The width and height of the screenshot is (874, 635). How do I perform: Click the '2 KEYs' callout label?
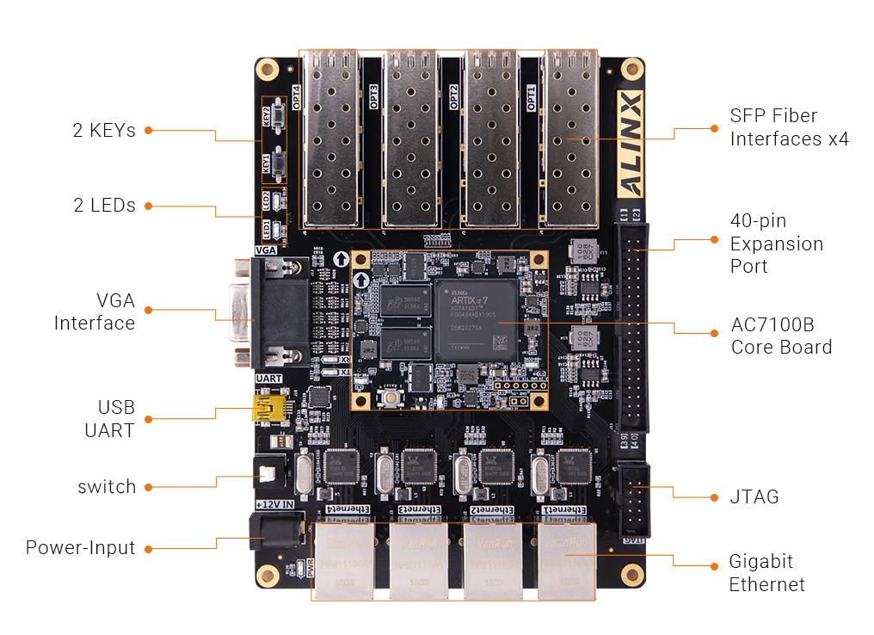[x=103, y=131]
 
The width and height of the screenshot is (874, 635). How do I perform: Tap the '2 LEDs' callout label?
[x=103, y=206]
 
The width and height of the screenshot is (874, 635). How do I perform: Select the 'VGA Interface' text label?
[x=94, y=311]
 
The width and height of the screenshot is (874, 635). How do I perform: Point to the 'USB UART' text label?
[x=109, y=419]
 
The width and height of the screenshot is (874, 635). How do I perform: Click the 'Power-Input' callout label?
[x=80, y=548]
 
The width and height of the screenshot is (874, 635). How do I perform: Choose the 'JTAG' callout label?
[x=754, y=496]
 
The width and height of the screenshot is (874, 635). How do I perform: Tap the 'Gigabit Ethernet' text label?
[x=766, y=573]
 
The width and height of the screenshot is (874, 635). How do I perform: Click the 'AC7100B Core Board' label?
[x=781, y=336]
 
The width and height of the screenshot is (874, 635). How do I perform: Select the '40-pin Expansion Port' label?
[x=776, y=244]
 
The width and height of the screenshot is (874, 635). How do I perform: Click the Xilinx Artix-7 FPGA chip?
[x=476, y=318]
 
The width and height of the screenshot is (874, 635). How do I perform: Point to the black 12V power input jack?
[x=275, y=530]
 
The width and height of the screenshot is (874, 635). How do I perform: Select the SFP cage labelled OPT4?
[x=329, y=138]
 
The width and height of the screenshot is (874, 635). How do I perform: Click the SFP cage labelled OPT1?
[x=569, y=138]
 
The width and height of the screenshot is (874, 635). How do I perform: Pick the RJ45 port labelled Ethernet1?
[x=567, y=559]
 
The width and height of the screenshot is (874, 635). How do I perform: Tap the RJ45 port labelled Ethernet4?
[x=345, y=559]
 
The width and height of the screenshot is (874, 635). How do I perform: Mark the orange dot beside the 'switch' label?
[x=148, y=487]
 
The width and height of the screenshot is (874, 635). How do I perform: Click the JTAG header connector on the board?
[x=631, y=498]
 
